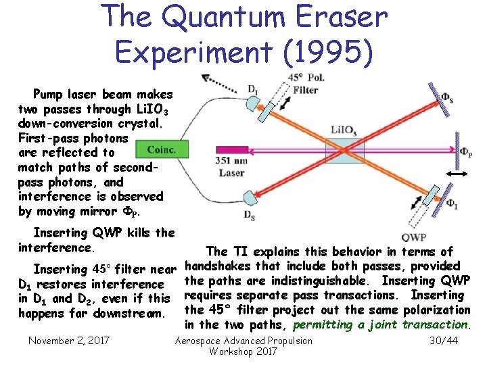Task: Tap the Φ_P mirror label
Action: tap(465, 152)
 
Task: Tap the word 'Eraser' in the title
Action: tap(334, 18)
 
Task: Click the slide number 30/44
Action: tap(444, 341)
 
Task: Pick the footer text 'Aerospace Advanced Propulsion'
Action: tap(243, 341)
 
